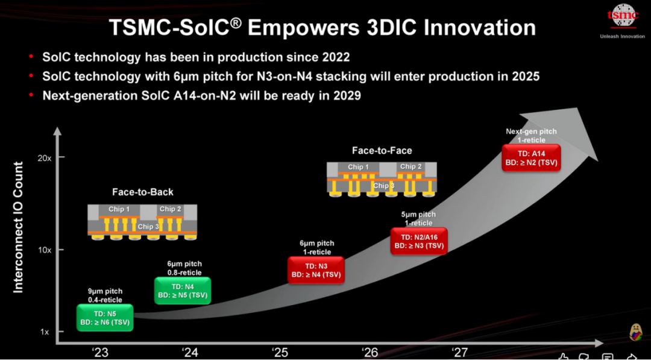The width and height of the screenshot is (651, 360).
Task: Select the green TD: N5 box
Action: click(x=105, y=318)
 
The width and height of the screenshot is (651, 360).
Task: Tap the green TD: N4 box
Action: click(x=183, y=291)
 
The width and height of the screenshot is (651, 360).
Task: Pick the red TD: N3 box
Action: click(x=316, y=270)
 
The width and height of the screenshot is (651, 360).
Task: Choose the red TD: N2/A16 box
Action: click(x=419, y=241)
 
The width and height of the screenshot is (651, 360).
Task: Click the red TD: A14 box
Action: click(x=532, y=158)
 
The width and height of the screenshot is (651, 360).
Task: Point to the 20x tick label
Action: click(x=44, y=158)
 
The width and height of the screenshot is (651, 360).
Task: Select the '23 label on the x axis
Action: click(x=100, y=353)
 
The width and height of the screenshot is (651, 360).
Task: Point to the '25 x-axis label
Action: click(x=280, y=353)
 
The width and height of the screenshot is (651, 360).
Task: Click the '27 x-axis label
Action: click(x=459, y=353)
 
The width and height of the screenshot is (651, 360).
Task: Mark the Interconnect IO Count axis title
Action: click(x=18, y=227)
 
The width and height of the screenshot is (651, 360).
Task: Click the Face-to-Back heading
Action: click(x=142, y=192)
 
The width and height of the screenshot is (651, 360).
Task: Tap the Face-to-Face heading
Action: click(x=382, y=150)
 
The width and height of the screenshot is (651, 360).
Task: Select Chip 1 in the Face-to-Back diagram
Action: click(x=119, y=209)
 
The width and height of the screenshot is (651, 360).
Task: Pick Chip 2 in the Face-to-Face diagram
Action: click(x=411, y=166)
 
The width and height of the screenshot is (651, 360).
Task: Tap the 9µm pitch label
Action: click(x=105, y=291)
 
